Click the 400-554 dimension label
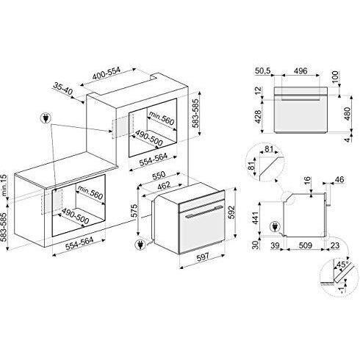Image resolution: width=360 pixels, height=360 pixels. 107,73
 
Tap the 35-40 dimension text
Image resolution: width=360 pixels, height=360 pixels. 63,90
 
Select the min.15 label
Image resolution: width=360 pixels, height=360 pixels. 4,185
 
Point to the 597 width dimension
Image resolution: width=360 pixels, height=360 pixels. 204,256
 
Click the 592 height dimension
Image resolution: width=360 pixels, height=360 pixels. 231,212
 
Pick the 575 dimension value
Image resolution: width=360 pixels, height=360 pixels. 134,211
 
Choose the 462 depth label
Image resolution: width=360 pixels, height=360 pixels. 164,185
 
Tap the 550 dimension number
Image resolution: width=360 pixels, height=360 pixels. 159,176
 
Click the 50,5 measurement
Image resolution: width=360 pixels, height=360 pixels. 263,71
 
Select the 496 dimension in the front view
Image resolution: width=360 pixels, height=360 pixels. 300,71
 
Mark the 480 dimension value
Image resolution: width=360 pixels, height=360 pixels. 348,114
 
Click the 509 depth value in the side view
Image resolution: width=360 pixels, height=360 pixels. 305,245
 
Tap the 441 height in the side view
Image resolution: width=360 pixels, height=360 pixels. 255,218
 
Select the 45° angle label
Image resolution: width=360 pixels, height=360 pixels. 343,264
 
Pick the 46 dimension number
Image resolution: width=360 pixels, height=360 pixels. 339,179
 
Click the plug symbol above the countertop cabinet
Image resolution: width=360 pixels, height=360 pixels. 46,118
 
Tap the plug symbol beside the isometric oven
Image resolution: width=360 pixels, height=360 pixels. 140,245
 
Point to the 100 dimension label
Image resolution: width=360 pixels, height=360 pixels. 335,76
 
